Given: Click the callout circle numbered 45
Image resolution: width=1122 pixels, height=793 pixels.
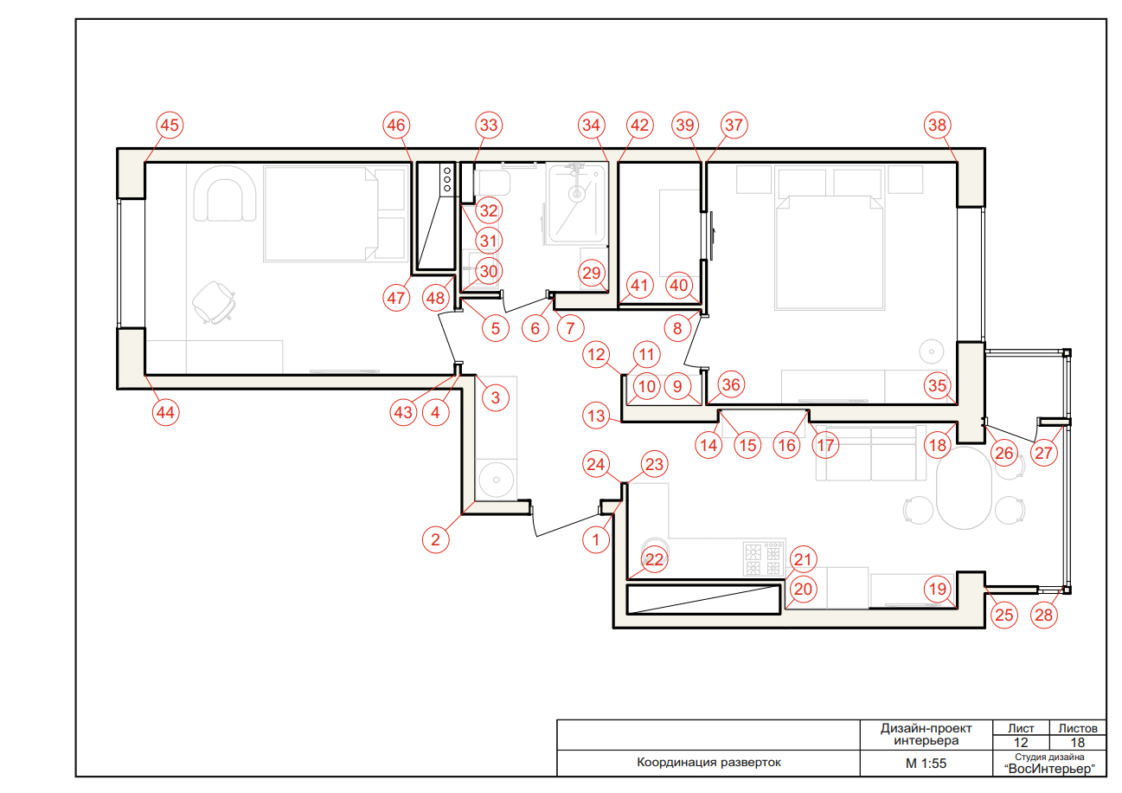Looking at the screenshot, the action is tap(170, 125).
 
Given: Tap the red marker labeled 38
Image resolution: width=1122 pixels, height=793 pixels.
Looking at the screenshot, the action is tap(937, 125).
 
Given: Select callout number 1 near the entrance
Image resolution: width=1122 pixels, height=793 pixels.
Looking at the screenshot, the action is tap(595, 540).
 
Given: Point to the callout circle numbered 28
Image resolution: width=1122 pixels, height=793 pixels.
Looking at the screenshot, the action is tap(1044, 615).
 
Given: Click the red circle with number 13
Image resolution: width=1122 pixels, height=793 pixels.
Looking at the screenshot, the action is tap(596, 416).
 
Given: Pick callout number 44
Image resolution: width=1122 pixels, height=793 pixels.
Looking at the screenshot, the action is tap(165, 413).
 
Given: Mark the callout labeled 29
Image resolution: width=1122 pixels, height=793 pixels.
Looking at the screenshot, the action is tap(592, 273).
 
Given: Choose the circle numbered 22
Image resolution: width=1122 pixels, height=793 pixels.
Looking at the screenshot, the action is tap(654, 559).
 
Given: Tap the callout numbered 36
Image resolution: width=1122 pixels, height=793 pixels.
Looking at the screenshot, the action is tap(731, 384).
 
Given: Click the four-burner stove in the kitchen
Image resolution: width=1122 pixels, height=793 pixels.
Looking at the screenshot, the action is tap(763, 559).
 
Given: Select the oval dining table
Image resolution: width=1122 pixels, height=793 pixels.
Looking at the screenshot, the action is tap(964, 487).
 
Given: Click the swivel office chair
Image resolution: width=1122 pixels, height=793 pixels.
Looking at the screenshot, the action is tap(214, 302).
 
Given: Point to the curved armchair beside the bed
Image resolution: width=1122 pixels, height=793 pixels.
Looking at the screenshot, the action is tap(225, 193).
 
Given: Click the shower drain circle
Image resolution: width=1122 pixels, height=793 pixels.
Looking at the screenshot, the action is tap(577, 194).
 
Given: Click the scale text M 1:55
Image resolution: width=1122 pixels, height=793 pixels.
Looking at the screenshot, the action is tap(926, 764).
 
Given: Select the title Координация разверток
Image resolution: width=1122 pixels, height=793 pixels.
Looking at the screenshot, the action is tap(708, 763).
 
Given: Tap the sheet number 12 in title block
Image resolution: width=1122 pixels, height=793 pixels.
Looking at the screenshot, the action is tap(1020, 743).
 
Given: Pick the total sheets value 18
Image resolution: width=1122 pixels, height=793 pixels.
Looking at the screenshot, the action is tap(1077, 743).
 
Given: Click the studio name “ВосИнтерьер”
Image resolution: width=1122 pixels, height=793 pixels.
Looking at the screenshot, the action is tap(1049, 769).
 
